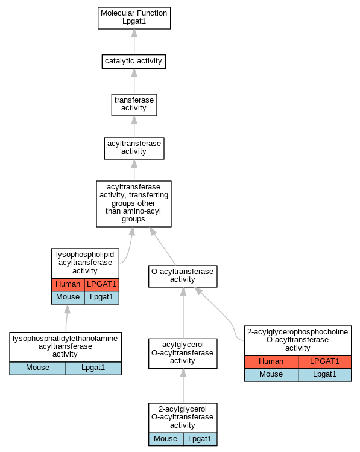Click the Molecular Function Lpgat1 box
point(134,18)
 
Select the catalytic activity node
point(134,62)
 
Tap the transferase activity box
point(134,105)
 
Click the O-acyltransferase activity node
point(183,276)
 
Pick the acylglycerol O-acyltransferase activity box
point(183,354)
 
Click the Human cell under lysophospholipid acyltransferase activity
point(68,284)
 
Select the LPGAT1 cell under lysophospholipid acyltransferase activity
point(102,284)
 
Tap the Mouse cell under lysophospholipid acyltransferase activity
point(68,298)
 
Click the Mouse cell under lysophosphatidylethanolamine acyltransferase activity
point(38,368)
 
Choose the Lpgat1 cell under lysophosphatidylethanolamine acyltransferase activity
point(93,368)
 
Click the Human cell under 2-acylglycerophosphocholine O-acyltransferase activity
point(271,361)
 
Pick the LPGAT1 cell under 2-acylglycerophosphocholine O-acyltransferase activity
point(324,361)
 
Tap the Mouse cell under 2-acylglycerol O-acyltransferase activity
point(166,439)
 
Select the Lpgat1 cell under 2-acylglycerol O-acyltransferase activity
point(200,439)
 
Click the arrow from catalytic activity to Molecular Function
point(134,42)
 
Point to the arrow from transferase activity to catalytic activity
point(134,81)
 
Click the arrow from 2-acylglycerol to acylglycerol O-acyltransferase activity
point(183,386)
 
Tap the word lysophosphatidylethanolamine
point(65,339)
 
